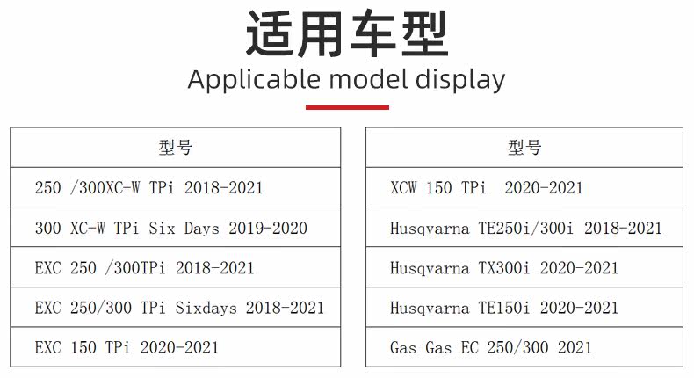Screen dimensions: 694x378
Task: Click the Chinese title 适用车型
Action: (x=347, y=34)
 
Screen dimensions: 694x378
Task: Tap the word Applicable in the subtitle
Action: (x=254, y=81)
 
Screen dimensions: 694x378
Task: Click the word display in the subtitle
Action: (x=460, y=81)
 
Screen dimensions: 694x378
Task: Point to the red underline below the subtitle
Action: (x=347, y=107)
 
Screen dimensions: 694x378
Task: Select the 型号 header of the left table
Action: (x=176, y=147)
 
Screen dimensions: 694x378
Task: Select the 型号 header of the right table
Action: (x=524, y=147)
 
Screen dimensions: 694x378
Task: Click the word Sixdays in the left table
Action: (x=206, y=308)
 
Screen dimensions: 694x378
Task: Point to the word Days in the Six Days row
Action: (x=202, y=229)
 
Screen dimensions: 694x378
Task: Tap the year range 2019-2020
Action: (x=268, y=228)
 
